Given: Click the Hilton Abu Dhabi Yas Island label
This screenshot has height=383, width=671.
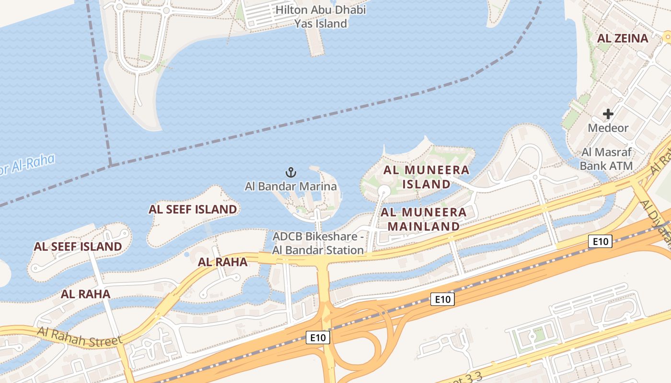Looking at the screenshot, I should tap(321, 16).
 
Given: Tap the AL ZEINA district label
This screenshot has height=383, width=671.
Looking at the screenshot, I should tap(623, 38).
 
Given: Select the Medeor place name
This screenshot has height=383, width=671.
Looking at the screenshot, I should tap(608, 128).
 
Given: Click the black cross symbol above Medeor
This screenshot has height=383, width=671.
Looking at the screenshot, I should tap(608, 114).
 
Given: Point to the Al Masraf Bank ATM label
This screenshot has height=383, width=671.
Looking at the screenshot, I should tap(606, 159).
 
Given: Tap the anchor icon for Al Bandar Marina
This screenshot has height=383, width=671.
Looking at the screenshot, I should tap(290, 172).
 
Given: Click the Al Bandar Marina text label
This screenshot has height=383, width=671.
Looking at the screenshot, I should tap(290, 186).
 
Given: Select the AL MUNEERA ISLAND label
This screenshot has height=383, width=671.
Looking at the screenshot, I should tap(426, 177).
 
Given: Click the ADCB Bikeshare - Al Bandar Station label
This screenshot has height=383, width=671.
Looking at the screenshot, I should tap(318, 243).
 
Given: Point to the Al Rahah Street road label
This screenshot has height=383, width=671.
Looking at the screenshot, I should tap(80, 337).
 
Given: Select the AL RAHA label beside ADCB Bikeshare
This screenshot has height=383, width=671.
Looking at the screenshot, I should tap(222, 262).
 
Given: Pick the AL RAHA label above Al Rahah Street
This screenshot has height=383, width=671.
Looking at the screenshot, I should tap(85, 294).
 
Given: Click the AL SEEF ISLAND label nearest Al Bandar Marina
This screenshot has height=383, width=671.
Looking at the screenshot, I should tap(192, 209).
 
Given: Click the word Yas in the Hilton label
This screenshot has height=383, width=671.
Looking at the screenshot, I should tap(304, 23).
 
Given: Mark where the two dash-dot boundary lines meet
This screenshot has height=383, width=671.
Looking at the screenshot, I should tap(111, 166).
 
